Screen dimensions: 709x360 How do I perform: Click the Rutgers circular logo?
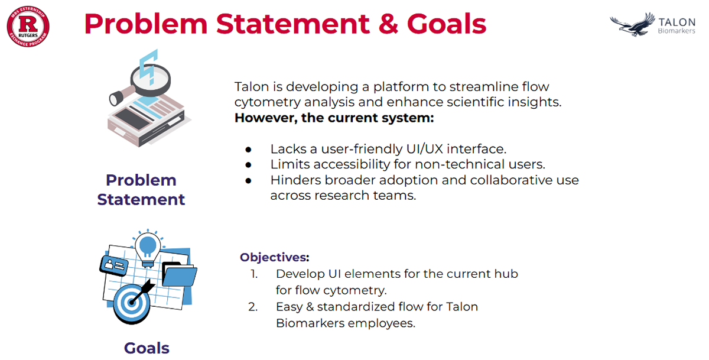(x=28, y=26)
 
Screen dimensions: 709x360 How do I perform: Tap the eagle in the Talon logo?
(x=632, y=25)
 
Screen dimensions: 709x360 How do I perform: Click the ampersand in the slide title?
(x=388, y=24)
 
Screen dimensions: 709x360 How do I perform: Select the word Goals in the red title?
(x=447, y=24)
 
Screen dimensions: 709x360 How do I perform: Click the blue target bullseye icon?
(x=132, y=303)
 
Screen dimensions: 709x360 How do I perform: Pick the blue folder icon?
(x=179, y=274)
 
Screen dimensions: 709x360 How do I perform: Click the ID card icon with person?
(x=114, y=265)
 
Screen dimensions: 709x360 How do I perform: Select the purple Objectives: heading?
(x=274, y=257)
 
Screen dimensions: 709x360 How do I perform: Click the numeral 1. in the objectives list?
(x=254, y=274)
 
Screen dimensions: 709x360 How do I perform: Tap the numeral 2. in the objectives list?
(x=253, y=307)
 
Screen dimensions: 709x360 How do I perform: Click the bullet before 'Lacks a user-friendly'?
(x=249, y=150)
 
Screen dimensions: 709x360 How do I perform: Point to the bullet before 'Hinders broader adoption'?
(x=249, y=181)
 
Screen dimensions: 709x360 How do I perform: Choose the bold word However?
(x=266, y=118)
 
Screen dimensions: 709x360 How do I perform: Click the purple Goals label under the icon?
(x=147, y=348)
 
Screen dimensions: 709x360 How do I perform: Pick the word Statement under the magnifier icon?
(x=141, y=199)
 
